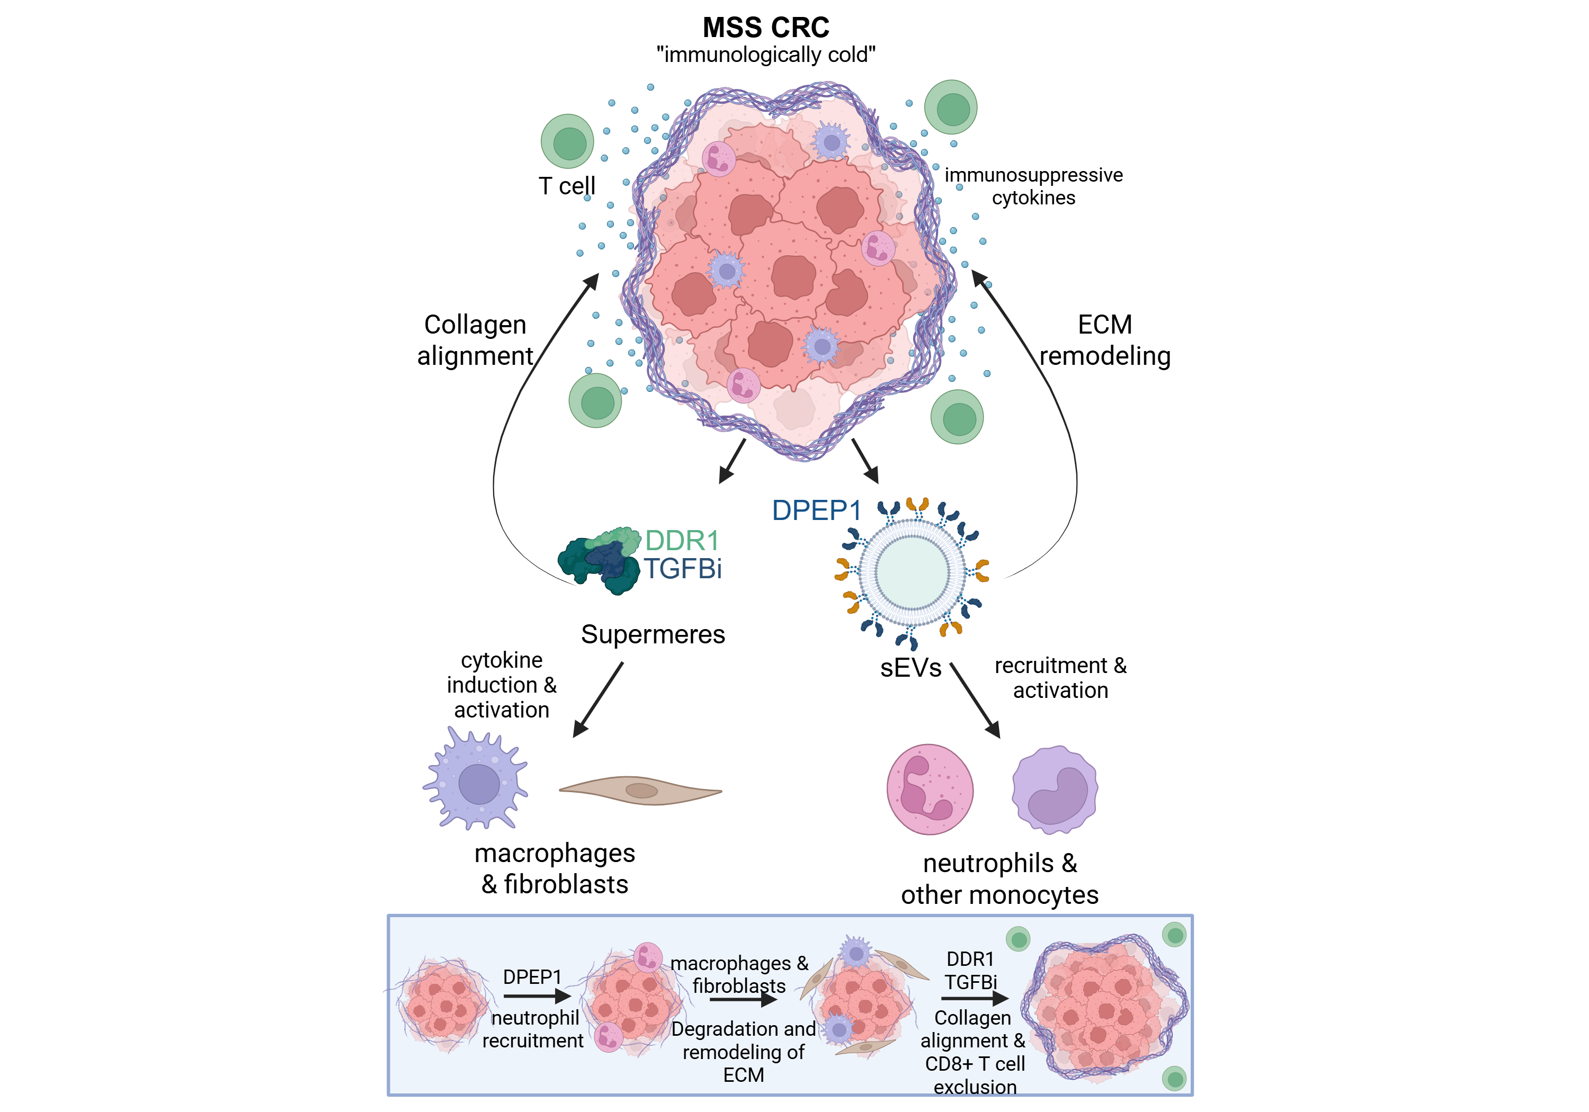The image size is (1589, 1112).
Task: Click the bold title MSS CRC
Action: click(x=765, y=28)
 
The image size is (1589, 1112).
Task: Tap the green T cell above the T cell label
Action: click(x=567, y=142)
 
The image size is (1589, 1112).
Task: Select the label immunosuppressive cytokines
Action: click(x=1033, y=186)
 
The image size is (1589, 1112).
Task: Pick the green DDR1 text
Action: click(x=682, y=541)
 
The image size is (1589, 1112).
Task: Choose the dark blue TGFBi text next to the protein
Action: click(x=683, y=569)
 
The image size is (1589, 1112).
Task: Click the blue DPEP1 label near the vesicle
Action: click(x=816, y=510)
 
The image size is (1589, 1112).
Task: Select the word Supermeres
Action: click(x=653, y=634)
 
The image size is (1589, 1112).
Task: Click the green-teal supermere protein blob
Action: click(x=600, y=560)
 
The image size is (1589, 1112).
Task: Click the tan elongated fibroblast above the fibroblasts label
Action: click(x=640, y=790)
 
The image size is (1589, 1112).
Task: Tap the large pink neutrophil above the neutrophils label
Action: click(x=930, y=789)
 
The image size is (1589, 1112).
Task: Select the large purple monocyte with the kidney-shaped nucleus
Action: click(x=1055, y=790)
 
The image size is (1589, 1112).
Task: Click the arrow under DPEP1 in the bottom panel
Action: click(x=537, y=997)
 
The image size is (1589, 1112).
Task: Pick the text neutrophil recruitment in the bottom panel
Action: click(x=533, y=1029)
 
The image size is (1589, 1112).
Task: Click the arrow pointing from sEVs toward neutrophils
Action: click(x=976, y=700)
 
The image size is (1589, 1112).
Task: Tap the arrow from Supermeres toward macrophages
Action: click(x=599, y=699)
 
